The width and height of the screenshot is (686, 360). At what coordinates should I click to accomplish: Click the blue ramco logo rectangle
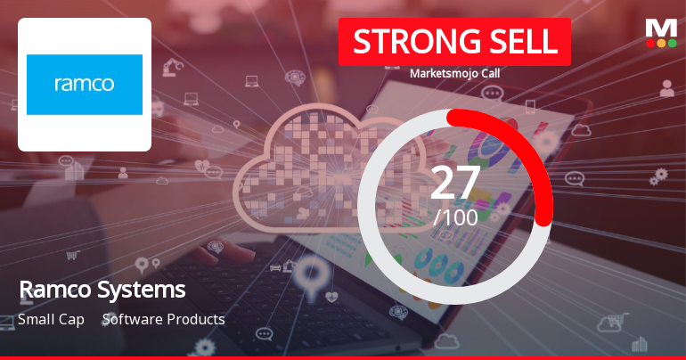pyautogui.click(x=85, y=85)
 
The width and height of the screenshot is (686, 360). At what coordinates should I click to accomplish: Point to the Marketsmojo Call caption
pyautogui.click(x=454, y=74)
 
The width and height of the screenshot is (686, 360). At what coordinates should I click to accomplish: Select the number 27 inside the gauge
pyautogui.click(x=454, y=183)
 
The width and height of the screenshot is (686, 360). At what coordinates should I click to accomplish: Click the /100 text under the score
pyautogui.click(x=454, y=216)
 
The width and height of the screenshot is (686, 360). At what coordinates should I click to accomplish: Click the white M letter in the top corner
pyautogui.click(x=661, y=28)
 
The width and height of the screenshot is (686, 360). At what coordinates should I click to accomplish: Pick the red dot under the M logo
pyautogui.click(x=650, y=43)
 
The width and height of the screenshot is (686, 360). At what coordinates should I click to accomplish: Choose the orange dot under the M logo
pyautogui.click(x=661, y=43)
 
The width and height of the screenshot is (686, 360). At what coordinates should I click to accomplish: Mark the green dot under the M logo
pyautogui.click(x=672, y=43)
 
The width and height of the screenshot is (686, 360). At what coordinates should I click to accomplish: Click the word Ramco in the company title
pyautogui.click(x=53, y=290)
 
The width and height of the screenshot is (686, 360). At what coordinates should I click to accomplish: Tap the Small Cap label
pyautogui.click(x=51, y=319)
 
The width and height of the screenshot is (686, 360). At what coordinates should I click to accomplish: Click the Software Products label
pyautogui.click(x=163, y=319)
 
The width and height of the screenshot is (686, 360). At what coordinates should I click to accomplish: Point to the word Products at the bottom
pyautogui.click(x=196, y=319)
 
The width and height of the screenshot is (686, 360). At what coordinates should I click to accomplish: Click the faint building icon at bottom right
pyautogui.click(x=639, y=343)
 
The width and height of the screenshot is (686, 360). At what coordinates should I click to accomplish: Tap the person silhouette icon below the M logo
pyautogui.click(x=666, y=87)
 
